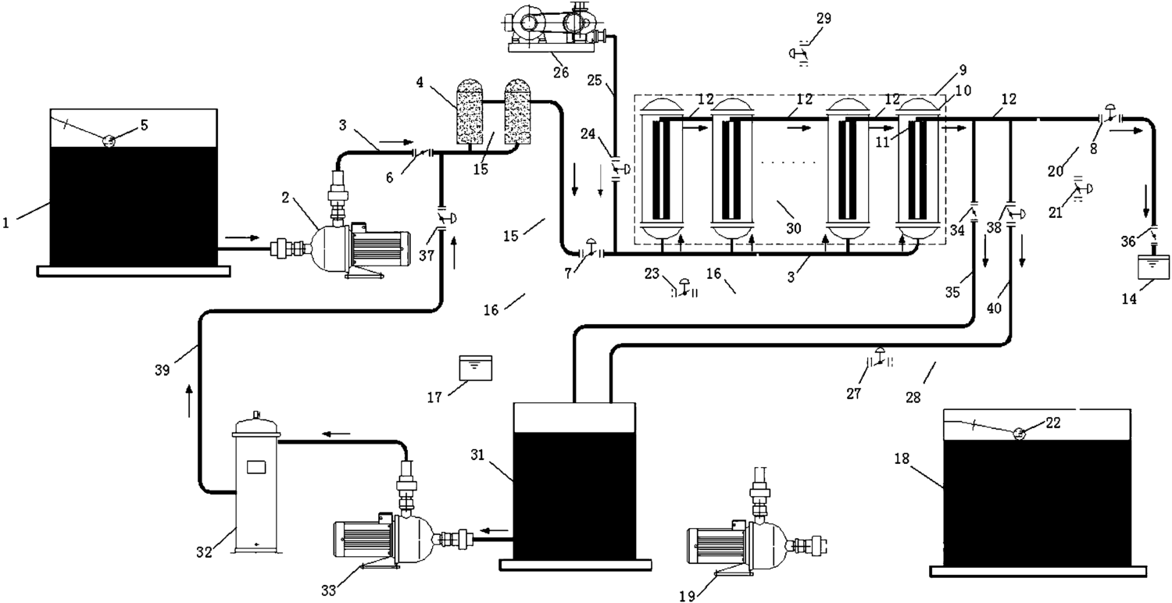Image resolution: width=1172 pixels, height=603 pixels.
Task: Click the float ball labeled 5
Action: pos(109,141)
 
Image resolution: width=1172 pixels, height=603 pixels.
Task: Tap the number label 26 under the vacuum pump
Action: pos(560,72)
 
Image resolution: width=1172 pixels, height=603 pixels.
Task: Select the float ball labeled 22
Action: pos(1019,433)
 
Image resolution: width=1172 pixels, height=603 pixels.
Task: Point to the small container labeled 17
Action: pos(475,368)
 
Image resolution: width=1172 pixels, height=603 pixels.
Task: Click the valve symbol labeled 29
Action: pos(799,54)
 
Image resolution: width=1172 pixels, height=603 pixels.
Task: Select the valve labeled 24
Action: pos(619,169)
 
